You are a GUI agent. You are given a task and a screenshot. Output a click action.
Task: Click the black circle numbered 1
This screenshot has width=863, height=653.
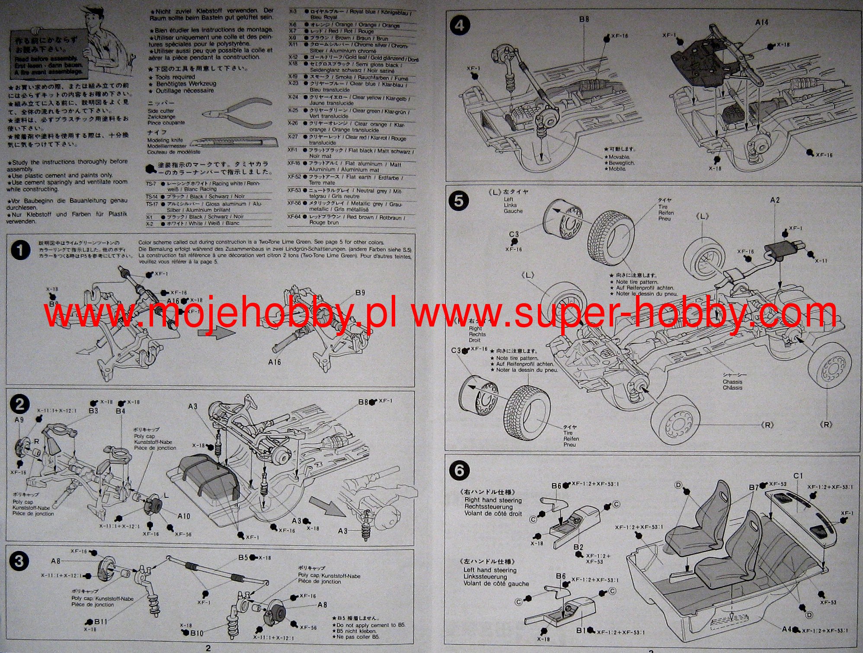click(20, 250)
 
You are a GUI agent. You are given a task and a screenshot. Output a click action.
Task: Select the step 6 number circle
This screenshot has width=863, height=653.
click(459, 470)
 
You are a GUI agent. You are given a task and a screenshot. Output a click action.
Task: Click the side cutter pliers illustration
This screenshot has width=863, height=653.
click(236, 113)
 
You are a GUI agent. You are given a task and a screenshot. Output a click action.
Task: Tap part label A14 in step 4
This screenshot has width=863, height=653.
click(761, 22)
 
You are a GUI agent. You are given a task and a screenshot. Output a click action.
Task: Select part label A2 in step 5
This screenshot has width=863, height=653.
click(775, 200)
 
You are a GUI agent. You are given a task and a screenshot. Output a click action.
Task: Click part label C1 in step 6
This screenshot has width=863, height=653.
click(798, 476)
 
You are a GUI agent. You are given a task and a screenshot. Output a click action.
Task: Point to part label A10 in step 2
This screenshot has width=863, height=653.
click(184, 516)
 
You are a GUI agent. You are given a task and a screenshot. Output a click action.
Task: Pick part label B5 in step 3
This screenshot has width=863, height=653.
click(243, 557)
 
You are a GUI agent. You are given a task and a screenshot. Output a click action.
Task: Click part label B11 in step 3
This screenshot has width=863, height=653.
click(101, 621)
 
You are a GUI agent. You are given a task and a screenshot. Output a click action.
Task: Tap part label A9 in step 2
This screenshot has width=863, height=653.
click(19, 420)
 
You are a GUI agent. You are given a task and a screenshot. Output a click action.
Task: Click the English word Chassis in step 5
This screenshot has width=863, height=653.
click(732, 382)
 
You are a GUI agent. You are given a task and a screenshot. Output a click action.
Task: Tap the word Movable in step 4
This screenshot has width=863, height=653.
click(619, 157)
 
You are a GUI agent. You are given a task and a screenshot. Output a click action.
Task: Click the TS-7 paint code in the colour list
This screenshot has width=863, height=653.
click(151, 184)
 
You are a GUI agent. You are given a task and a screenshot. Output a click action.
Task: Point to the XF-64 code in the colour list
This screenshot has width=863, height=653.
click(294, 217)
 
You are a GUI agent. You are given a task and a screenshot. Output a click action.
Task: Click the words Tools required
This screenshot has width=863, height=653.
click(175, 77)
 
